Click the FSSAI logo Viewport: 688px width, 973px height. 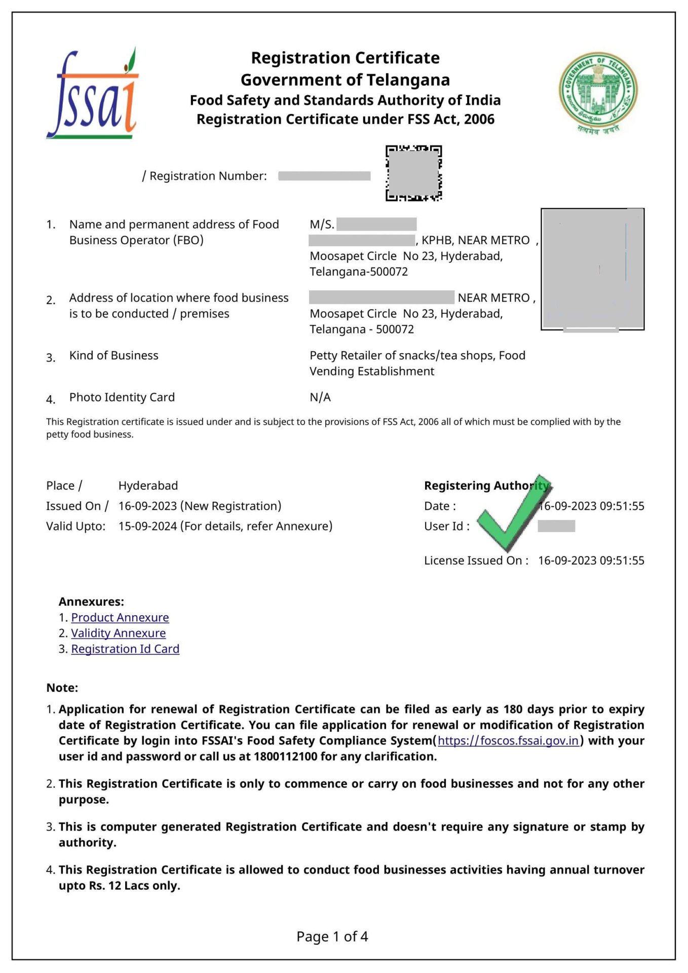92,94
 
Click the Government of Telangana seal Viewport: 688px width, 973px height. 598,93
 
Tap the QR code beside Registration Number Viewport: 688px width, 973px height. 413,173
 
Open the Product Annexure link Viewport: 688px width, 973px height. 120,617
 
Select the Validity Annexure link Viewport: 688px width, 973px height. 118,633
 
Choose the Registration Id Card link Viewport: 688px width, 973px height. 125,649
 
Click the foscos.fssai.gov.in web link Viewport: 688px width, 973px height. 508,740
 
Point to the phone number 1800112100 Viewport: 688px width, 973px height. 286,756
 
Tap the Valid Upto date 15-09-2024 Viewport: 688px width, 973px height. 147,526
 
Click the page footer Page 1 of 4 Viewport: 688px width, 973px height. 332,936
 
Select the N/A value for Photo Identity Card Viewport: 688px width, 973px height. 320,397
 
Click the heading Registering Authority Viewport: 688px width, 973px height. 486,485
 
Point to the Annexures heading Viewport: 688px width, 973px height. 91,602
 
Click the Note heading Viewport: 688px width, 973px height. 62,688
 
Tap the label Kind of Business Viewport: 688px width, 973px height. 114,355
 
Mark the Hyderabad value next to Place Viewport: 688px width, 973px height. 148,485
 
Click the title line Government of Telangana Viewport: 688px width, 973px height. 345,80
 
